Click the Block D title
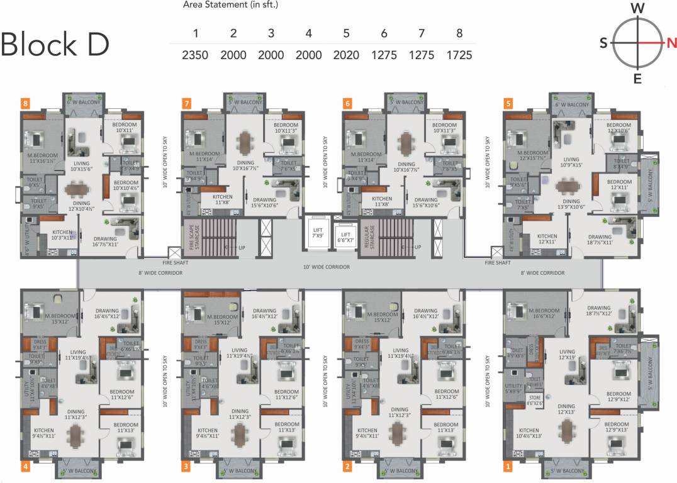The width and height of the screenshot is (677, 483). [55, 44]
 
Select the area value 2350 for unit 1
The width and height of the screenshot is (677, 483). [195, 55]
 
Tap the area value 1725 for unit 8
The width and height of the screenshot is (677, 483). [459, 55]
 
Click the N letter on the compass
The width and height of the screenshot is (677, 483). [671, 43]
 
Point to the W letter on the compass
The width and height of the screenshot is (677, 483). [637, 8]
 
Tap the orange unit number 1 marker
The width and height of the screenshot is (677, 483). [508, 467]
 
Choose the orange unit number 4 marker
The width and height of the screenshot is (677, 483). [26, 467]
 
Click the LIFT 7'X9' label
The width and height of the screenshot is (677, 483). [317, 233]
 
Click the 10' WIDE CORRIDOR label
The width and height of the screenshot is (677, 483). [326, 267]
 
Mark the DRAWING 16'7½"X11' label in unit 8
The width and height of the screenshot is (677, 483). [105, 241]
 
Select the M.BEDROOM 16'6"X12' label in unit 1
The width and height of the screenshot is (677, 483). [544, 313]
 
